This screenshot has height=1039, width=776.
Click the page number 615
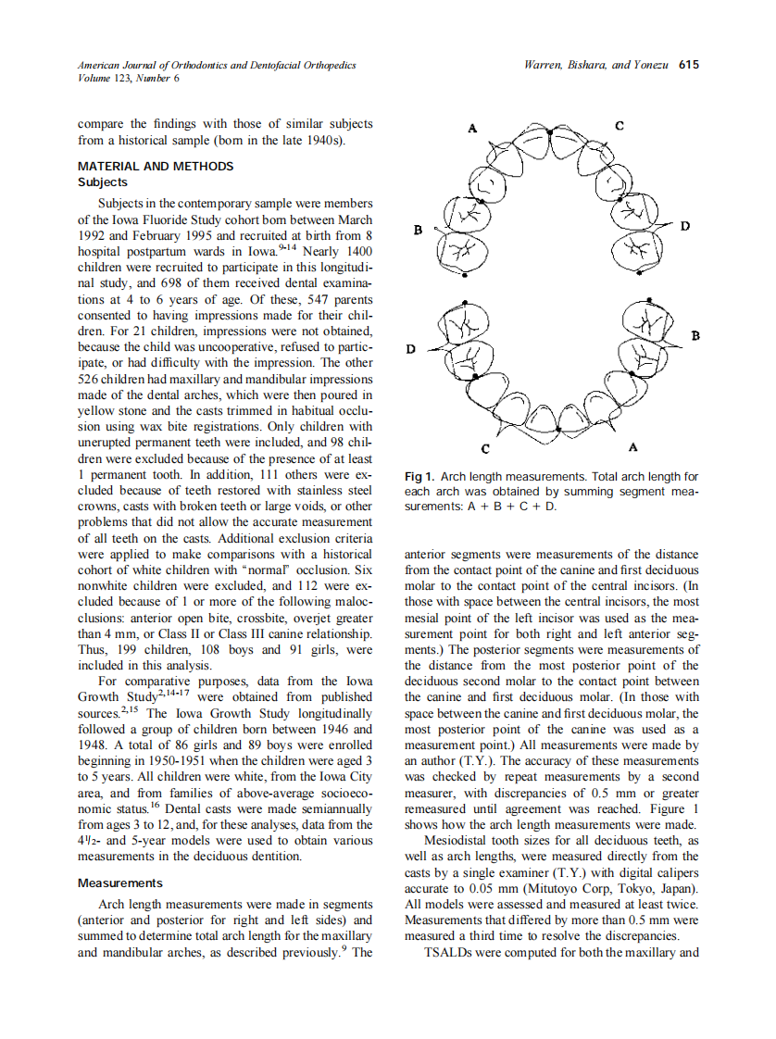point(688,65)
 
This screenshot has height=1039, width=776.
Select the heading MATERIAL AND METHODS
point(156,167)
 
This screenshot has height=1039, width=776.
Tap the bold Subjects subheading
point(103,182)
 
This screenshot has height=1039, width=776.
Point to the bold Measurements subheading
point(120,883)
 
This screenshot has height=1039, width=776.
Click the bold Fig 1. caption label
point(421,477)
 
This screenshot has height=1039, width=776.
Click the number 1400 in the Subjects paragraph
point(357,251)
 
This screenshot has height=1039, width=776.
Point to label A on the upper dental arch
point(472,129)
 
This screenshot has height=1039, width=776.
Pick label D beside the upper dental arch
point(684,226)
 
